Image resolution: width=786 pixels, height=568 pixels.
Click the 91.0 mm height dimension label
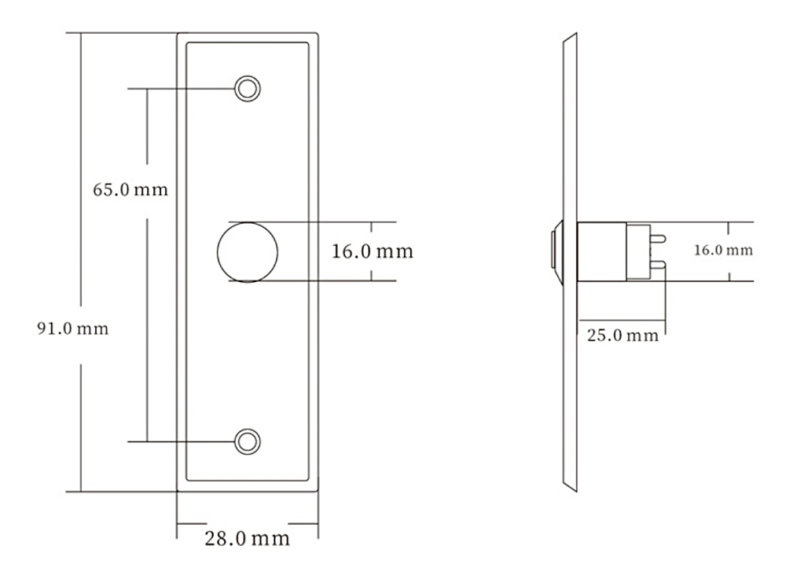point(72,328)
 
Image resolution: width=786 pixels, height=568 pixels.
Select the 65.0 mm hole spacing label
point(130,189)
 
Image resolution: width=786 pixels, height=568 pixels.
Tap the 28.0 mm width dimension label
point(247,538)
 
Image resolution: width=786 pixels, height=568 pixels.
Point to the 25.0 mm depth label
point(623,335)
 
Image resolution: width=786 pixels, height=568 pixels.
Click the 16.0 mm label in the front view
point(373,251)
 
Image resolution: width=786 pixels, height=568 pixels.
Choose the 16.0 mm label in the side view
point(723,250)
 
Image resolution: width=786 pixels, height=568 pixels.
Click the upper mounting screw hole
point(247,89)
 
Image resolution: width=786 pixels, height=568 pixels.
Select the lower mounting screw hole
point(247,442)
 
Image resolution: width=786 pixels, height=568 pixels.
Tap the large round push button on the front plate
point(247,252)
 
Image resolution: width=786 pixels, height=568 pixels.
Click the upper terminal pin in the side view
point(658,238)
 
